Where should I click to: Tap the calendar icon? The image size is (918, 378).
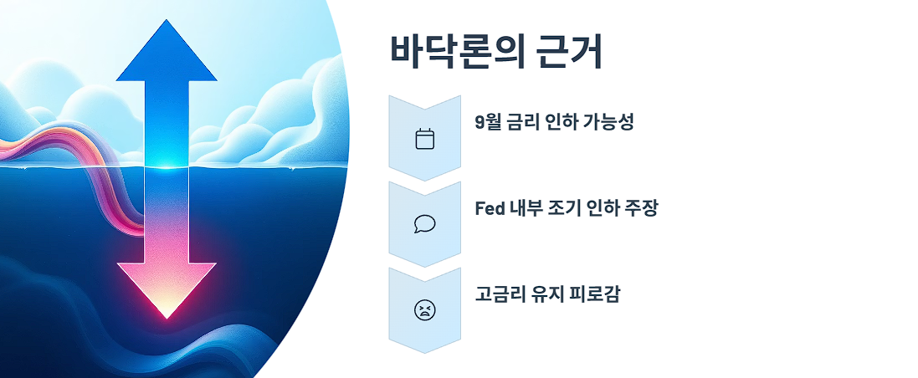tap(425, 138)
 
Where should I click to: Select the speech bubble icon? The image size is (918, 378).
tap(425, 224)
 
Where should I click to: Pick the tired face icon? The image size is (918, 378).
tap(425, 310)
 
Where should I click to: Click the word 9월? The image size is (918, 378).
tap(488, 122)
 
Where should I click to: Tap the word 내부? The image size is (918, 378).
tap(526, 208)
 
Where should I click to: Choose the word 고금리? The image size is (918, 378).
tap(494, 294)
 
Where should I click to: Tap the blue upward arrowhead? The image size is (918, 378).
tap(167, 52)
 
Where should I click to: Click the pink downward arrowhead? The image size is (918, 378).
tap(167, 289)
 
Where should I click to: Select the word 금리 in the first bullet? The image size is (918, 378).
tap(524, 122)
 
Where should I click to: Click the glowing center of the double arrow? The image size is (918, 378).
tap(167, 165)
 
